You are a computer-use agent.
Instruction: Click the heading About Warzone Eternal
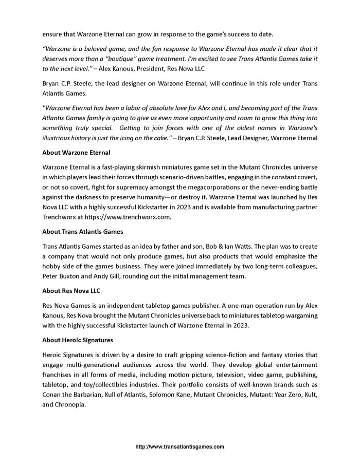(x=77, y=153)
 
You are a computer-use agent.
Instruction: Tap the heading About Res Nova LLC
(x=71, y=290)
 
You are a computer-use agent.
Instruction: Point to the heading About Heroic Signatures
(x=78, y=340)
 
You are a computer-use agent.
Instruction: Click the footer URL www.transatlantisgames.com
(x=179, y=447)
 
